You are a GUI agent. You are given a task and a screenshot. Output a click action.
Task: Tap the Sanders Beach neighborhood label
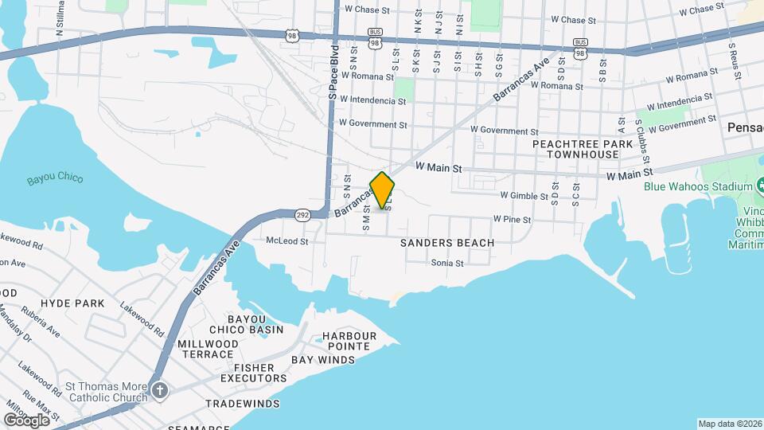click(447, 243)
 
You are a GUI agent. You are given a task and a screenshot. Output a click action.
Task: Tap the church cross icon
click(160, 391)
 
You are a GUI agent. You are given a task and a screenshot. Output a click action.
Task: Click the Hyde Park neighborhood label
click(72, 303)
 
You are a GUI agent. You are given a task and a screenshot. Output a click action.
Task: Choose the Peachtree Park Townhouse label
click(583, 149)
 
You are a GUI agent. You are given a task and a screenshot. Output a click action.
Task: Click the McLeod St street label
click(286, 240)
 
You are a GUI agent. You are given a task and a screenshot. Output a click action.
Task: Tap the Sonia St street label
click(447, 263)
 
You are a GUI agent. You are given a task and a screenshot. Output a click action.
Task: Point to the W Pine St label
click(512, 217)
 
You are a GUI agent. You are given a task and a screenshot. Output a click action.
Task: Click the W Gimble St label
click(520, 195)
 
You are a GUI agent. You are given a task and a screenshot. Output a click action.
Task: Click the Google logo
click(26, 420)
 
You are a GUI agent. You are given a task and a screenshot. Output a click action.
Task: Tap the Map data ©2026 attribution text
click(730, 424)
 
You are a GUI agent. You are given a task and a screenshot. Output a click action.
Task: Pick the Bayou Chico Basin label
click(246, 324)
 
